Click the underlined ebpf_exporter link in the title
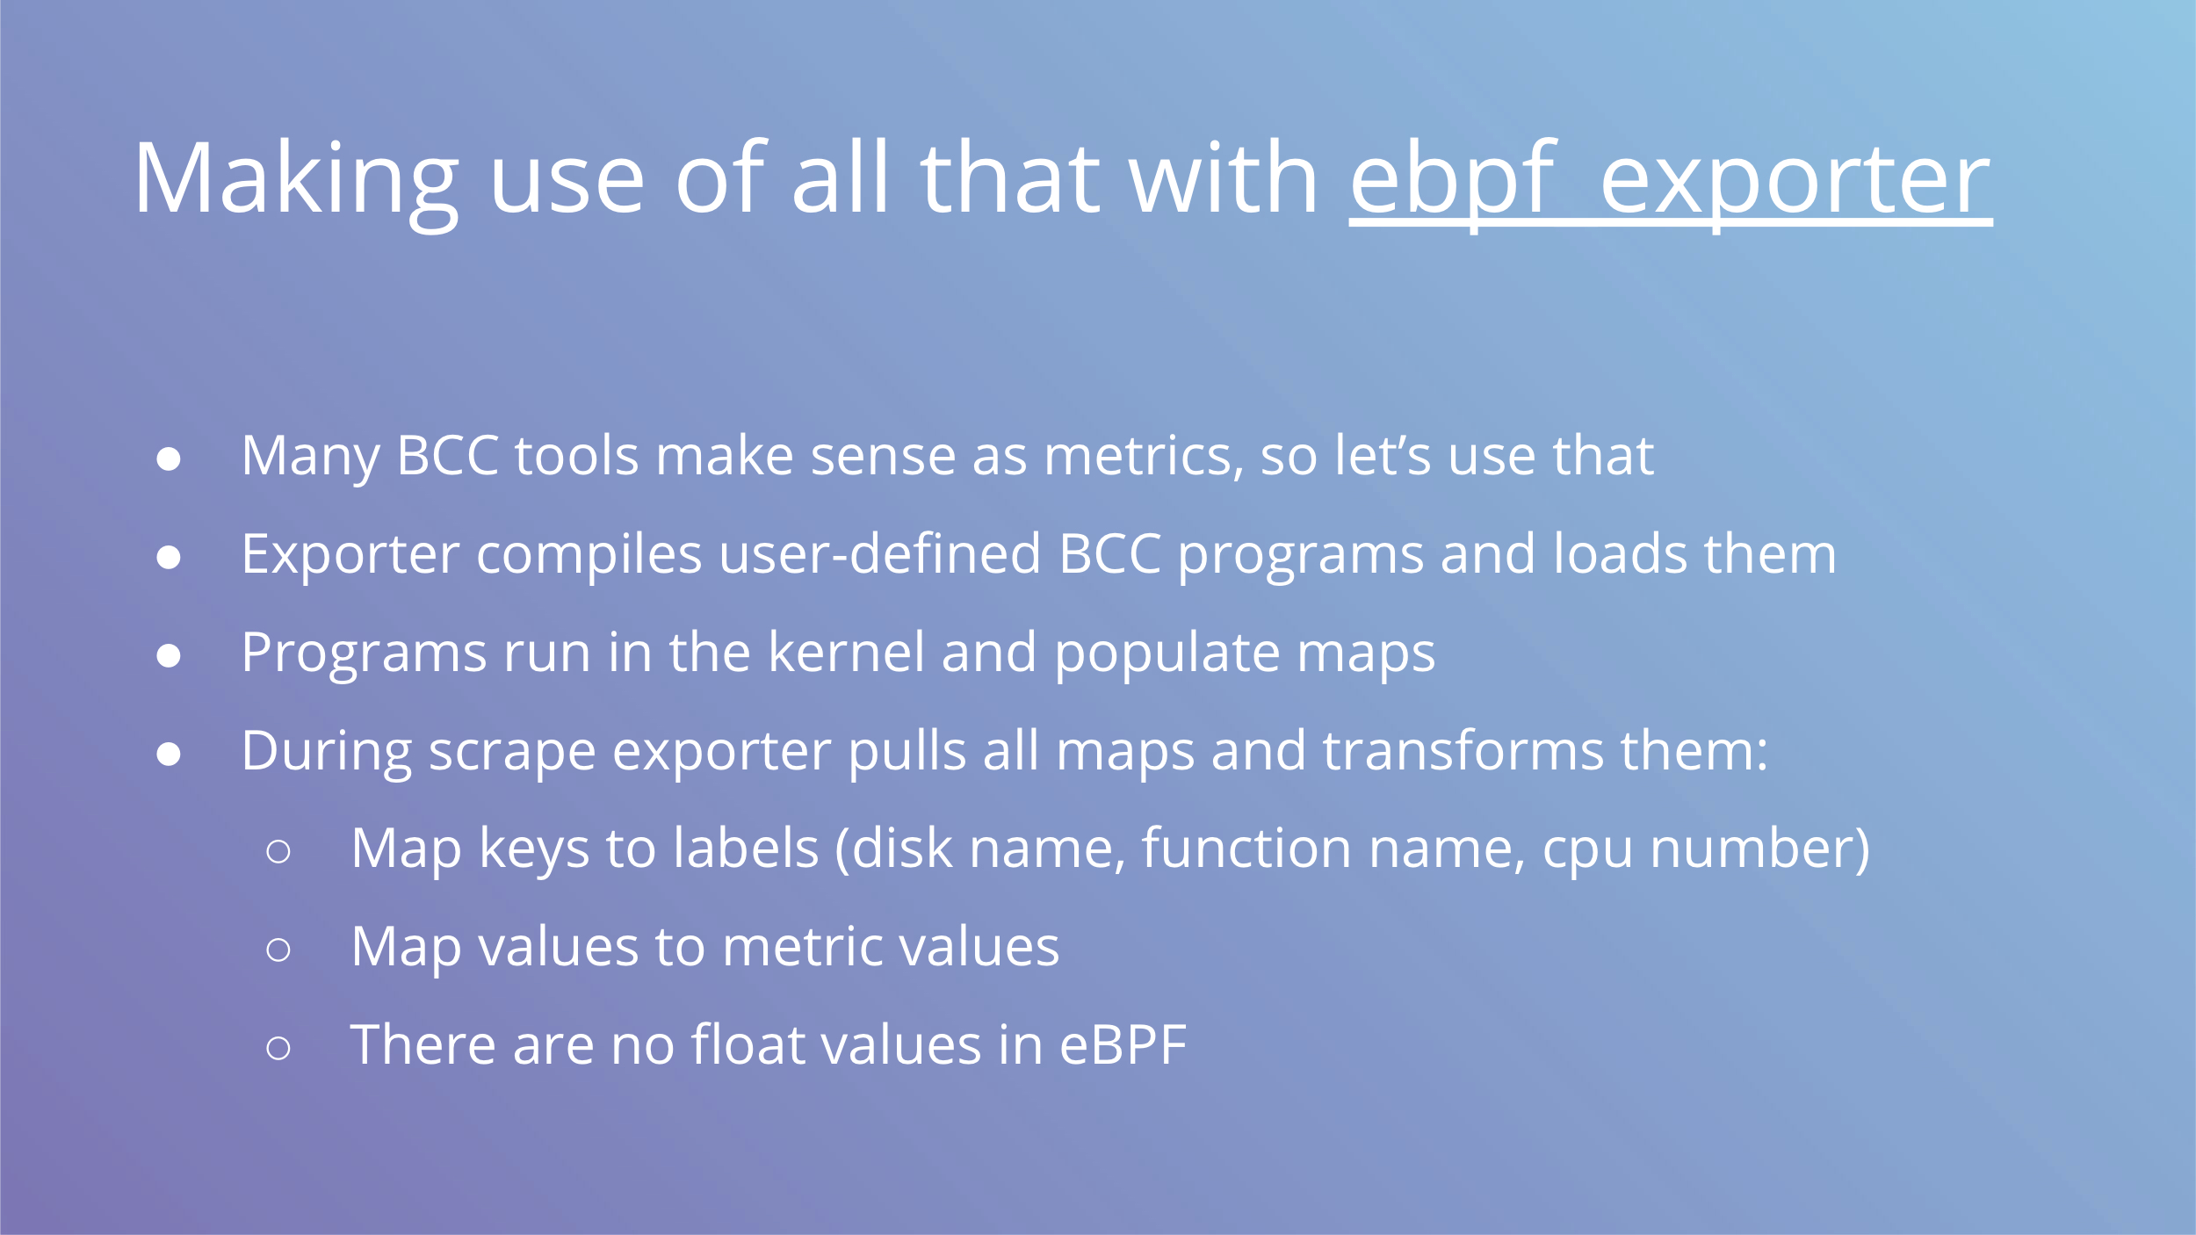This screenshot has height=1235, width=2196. point(1671,181)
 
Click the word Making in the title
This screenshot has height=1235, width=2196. point(296,181)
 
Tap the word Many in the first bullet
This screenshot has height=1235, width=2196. point(310,458)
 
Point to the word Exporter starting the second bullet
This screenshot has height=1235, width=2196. point(350,556)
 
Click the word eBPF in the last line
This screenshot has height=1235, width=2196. point(1123,1045)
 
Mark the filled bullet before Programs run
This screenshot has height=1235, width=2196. point(169,655)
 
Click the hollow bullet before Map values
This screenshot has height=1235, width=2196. point(278,950)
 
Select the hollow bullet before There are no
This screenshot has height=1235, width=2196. point(278,1048)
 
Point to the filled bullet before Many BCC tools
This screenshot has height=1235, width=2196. point(169,459)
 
